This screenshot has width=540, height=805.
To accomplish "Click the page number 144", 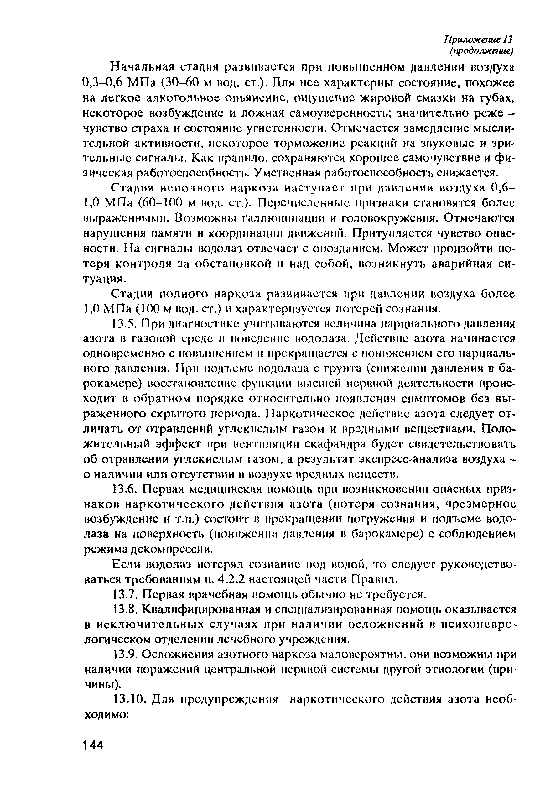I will coord(93,745).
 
